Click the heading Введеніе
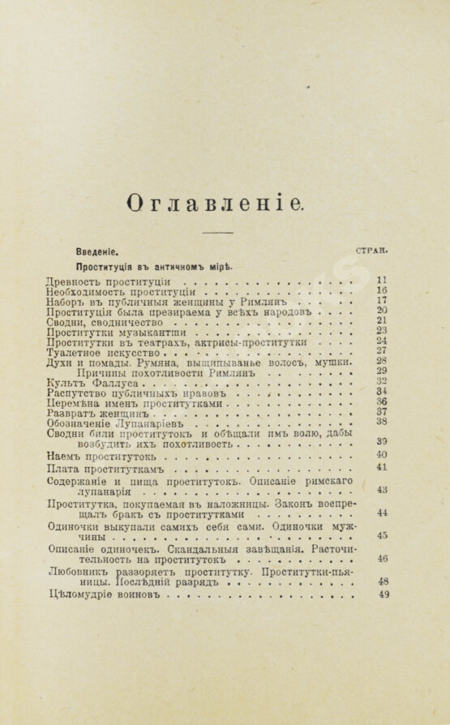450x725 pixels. click(102, 251)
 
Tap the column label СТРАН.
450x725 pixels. click(376, 251)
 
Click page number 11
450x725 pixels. click(382, 279)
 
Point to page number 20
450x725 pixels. click(382, 310)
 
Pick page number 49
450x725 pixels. click(384, 594)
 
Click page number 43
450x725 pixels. click(383, 491)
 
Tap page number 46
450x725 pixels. click(383, 559)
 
